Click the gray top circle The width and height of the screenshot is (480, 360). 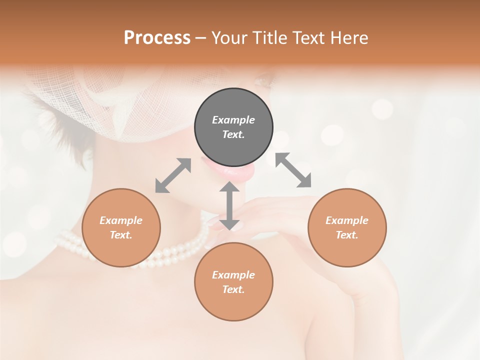[233, 127]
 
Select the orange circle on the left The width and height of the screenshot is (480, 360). [121, 227]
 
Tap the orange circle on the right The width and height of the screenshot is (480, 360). [347, 227]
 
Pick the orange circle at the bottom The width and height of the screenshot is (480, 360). [233, 281]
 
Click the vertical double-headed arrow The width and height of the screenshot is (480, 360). [229, 205]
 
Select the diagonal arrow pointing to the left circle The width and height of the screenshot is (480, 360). [173, 175]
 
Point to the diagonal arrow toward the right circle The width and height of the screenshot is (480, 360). [293, 170]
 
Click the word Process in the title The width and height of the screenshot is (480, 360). [157, 37]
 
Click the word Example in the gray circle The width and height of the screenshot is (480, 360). [233, 120]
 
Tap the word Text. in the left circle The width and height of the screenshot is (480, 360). [121, 235]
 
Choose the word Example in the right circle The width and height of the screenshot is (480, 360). [347, 220]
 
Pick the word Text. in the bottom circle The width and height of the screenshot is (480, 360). [233, 289]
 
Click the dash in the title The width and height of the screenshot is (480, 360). [200, 37]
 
